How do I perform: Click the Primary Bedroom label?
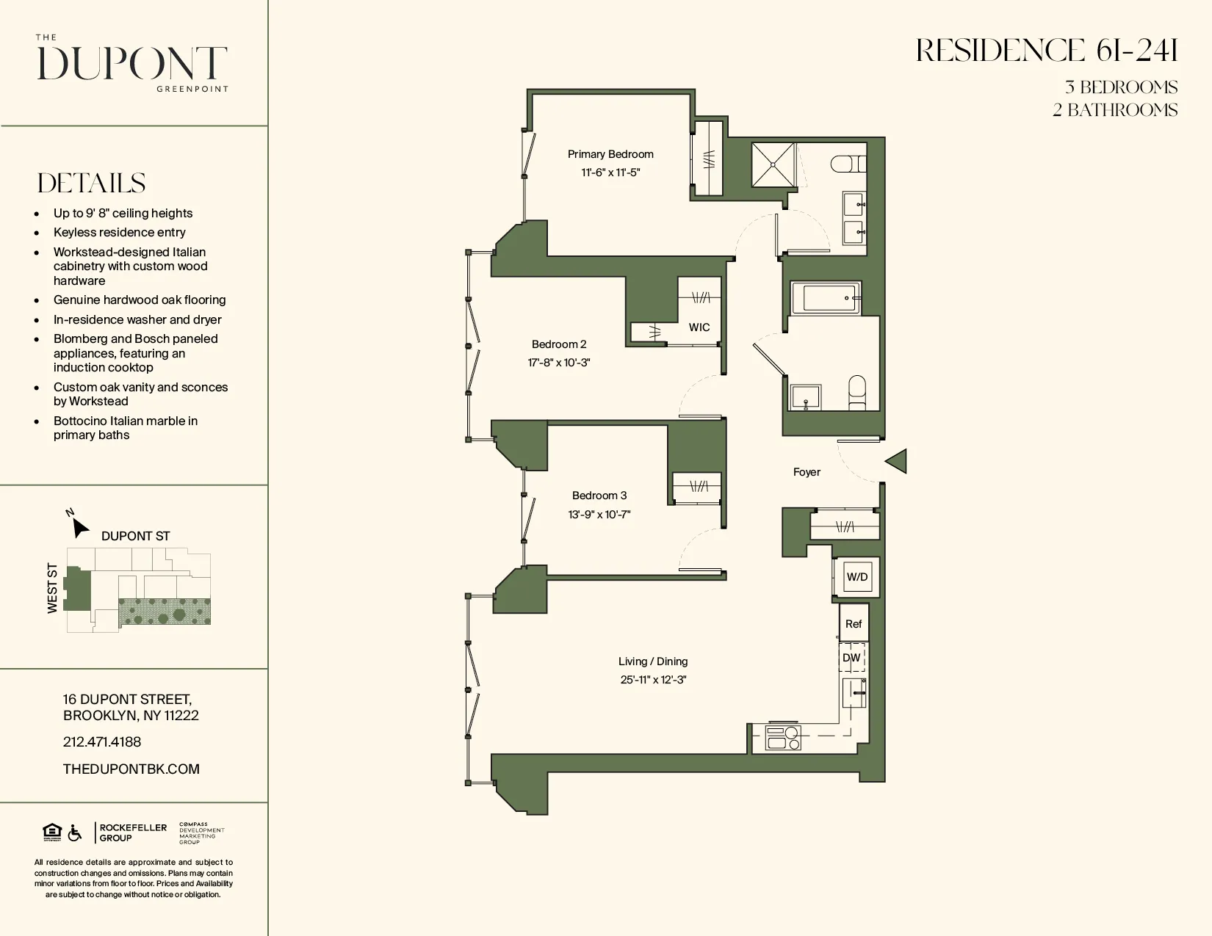point(610,154)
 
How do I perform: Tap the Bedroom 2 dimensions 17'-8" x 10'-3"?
point(559,363)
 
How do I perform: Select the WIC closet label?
point(699,327)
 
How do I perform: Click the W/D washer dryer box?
point(857,577)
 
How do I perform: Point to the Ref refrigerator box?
point(854,623)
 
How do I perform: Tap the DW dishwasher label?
point(851,658)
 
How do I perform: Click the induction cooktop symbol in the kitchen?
point(783,738)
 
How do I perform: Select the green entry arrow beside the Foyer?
point(897,461)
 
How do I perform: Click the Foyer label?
point(807,472)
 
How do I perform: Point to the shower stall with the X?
point(773,165)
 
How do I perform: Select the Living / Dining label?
point(653,661)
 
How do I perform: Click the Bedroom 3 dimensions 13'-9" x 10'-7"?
point(599,515)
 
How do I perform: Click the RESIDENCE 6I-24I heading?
point(1047,51)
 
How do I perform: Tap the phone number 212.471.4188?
point(102,742)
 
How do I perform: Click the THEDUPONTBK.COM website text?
point(131,769)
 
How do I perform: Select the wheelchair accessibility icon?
point(75,833)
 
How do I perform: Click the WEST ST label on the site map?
point(52,588)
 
